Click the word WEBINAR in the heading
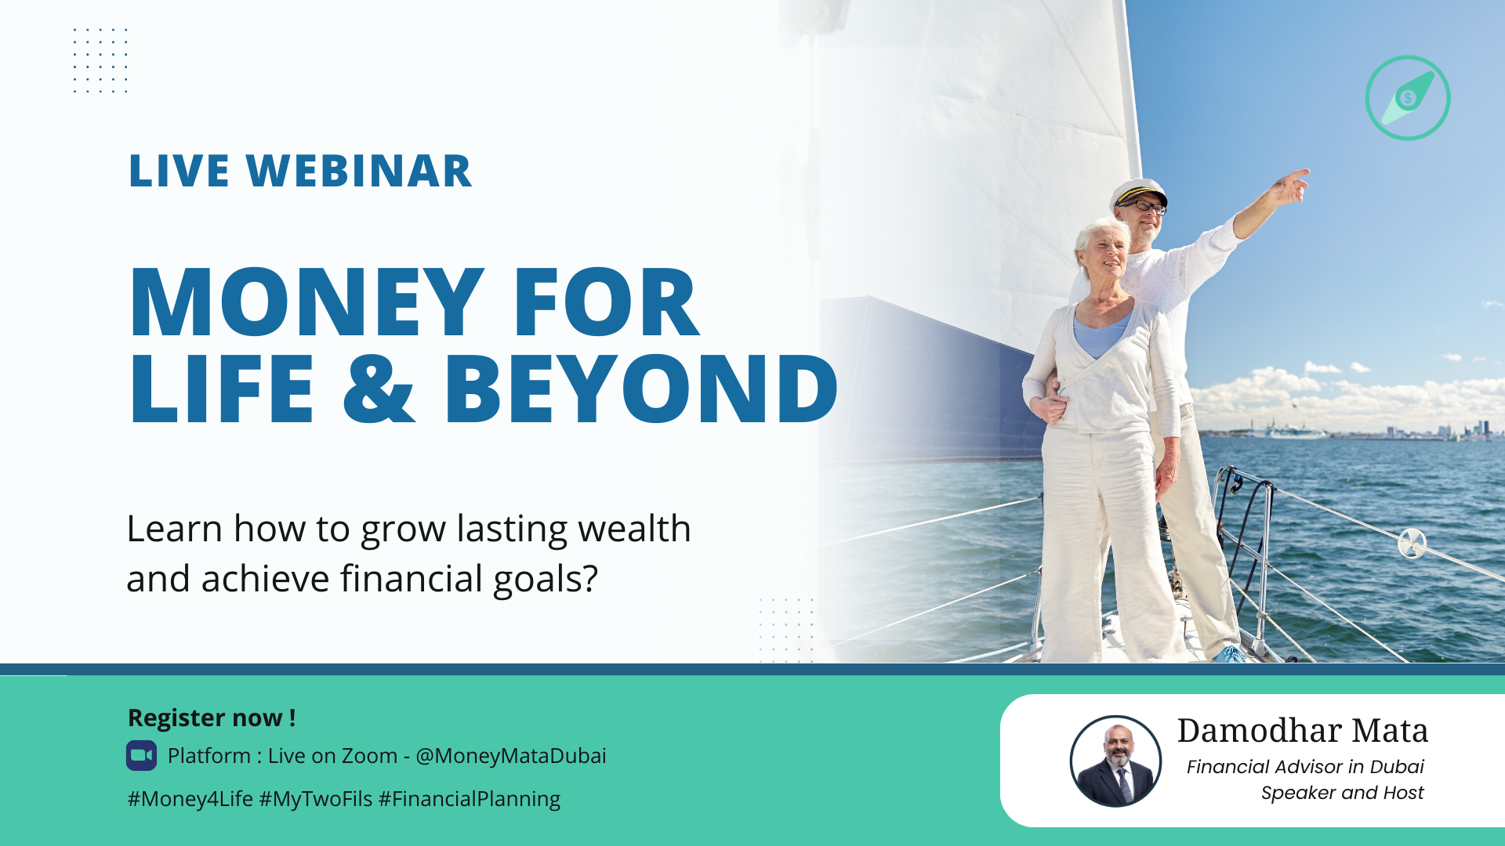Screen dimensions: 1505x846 pos(359,171)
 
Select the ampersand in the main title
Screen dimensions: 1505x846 pos(379,388)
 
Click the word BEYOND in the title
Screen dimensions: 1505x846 pos(641,388)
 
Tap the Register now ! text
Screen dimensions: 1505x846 pos(212,718)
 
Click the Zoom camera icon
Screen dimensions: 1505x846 pos(142,756)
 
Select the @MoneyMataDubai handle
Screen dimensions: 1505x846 pos(511,756)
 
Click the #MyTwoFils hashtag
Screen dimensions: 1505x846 pos(316,799)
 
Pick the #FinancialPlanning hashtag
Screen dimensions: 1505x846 pos(470,799)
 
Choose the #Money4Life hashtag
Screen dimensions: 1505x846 pos(190,799)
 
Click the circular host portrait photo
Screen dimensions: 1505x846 pos(1116,761)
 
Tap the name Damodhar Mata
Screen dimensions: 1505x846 pos(1303,730)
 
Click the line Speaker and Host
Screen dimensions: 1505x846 pos(1342,793)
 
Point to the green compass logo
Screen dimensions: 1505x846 pos(1408,98)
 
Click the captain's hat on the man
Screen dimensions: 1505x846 pos(1139,191)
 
